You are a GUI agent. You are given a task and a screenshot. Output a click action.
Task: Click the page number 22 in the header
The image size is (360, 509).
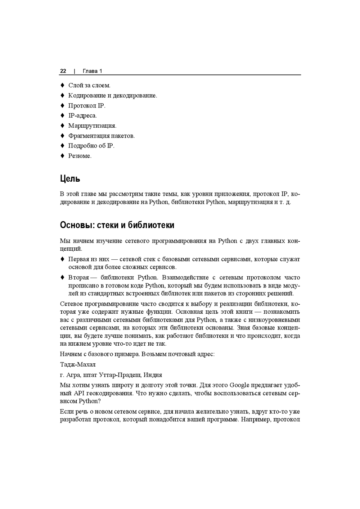pos(63,71)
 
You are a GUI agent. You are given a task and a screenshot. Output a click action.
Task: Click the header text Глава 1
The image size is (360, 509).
pos(93,71)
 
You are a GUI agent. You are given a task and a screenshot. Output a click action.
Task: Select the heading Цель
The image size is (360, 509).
pos(70,179)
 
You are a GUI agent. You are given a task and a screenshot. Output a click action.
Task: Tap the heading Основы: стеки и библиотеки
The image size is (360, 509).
pos(117,225)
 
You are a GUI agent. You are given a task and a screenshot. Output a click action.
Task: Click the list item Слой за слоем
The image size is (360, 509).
pos(89,86)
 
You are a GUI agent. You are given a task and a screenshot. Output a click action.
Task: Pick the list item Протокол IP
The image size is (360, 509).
pos(87,106)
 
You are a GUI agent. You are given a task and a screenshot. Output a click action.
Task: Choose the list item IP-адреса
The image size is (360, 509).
pos(82,116)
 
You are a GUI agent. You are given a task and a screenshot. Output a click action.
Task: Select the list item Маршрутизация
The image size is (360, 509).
pos(92,126)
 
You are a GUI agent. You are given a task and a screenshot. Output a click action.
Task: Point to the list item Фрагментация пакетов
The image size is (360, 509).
pos(102,136)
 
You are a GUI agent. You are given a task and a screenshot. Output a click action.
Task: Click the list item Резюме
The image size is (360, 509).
pos(80,156)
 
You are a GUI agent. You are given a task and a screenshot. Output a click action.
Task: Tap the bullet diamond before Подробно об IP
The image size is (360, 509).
pos(62,146)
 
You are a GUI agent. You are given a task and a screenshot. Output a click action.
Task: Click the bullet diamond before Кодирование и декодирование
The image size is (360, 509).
pos(62,95)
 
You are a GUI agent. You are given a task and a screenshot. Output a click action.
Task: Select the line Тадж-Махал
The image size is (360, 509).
pos(78,364)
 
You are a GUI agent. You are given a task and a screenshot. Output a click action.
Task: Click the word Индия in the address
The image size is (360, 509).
pos(153,375)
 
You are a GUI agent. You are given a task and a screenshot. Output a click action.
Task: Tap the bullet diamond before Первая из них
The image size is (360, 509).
pos(62,259)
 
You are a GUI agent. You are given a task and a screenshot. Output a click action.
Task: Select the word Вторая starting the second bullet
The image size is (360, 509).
pos(78,278)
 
